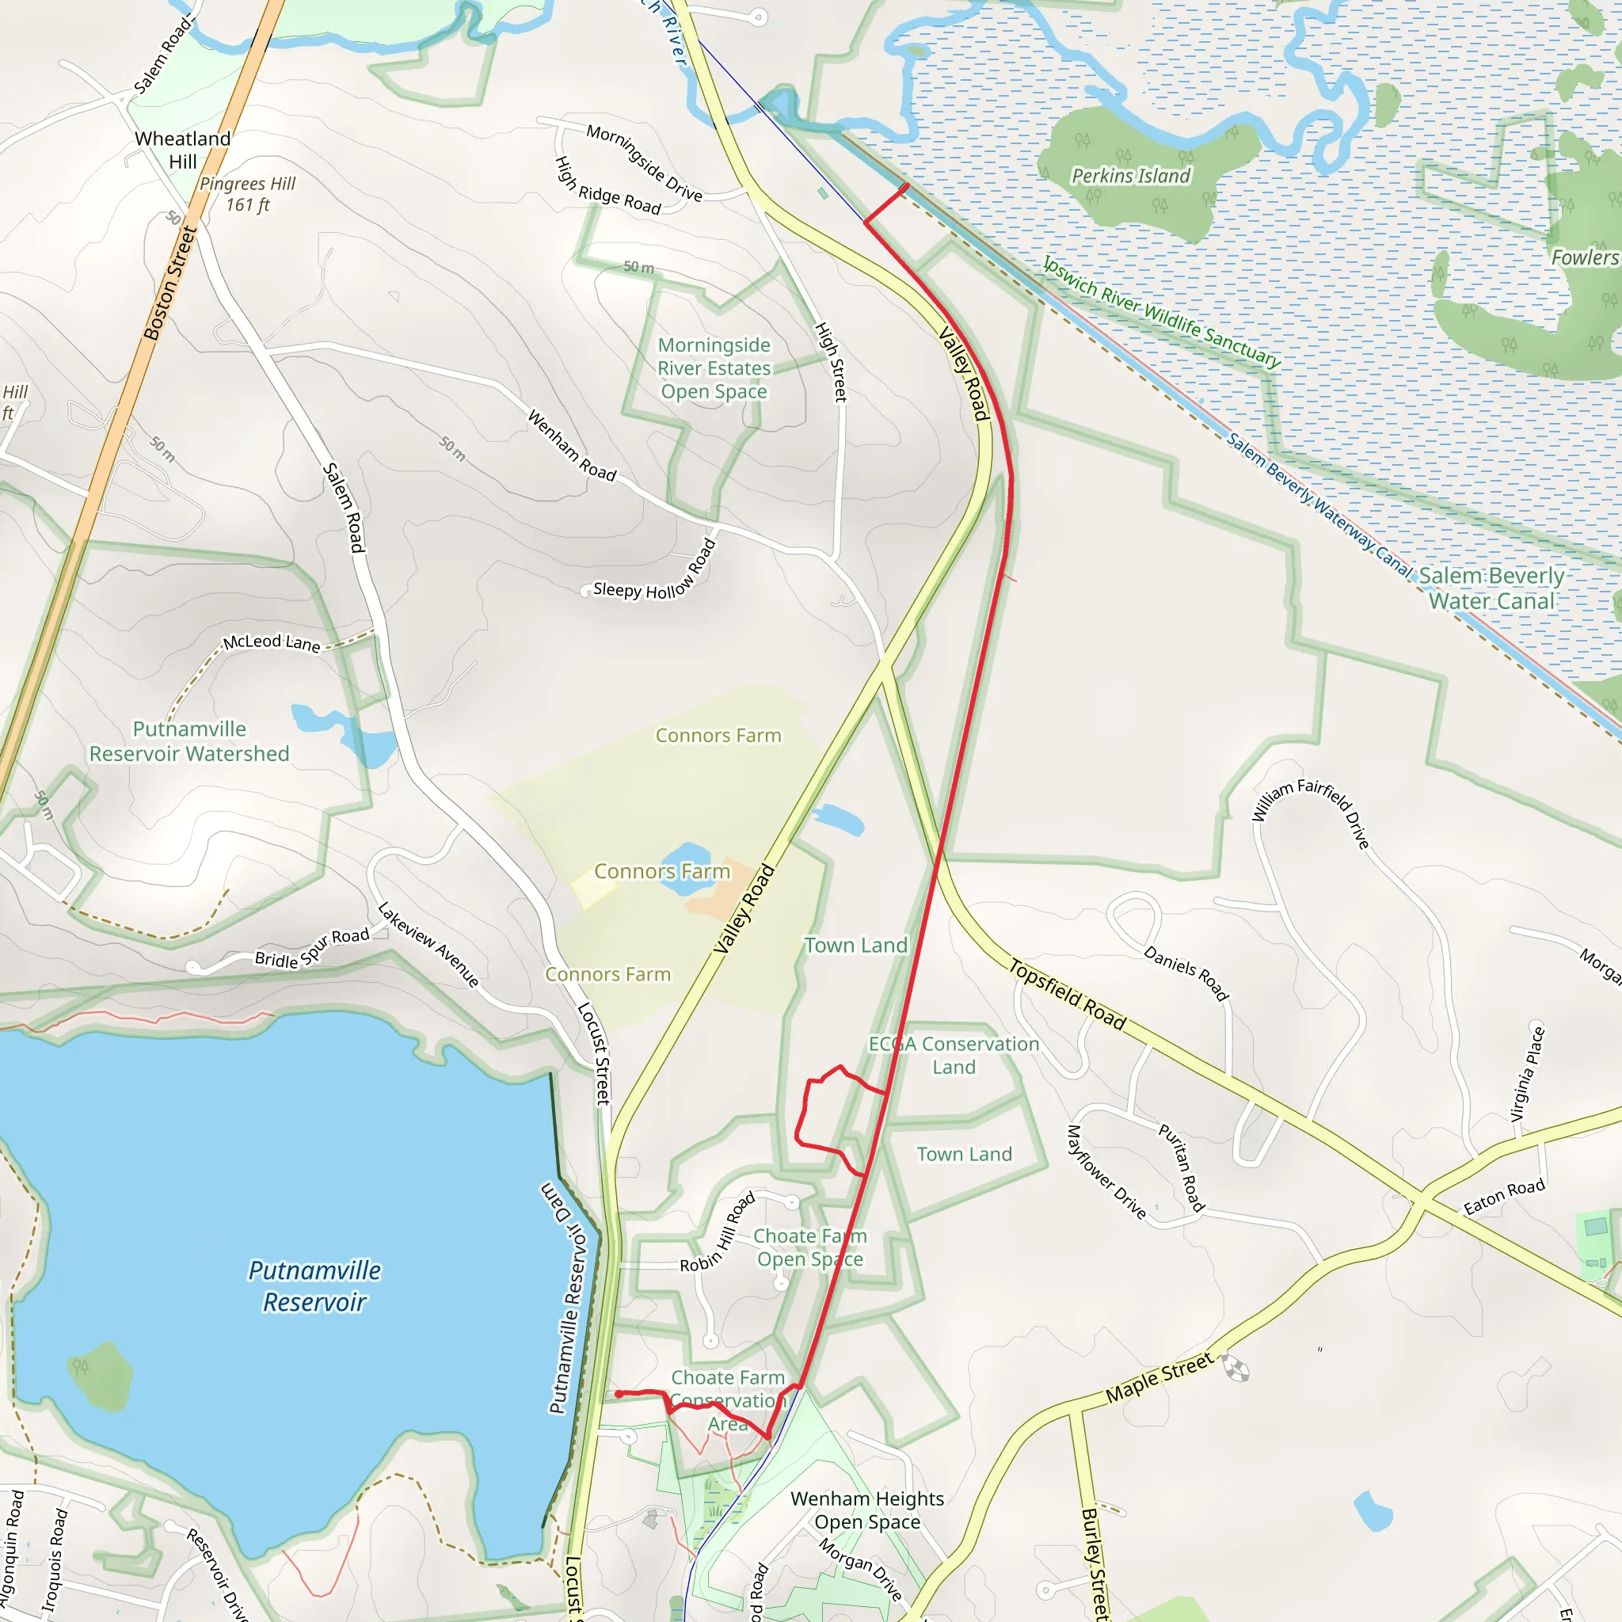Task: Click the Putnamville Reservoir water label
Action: point(315,1286)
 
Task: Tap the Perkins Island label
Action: point(1131,177)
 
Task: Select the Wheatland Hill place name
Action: point(182,150)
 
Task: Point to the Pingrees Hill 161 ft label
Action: point(248,194)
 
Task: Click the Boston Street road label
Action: point(170,283)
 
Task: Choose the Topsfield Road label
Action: point(1067,995)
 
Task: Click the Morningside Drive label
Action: point(644,163)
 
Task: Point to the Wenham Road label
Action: point(572,446)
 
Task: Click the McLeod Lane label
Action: point(271,643)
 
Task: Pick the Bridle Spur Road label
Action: point(312,948)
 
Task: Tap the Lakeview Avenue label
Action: point(428,945)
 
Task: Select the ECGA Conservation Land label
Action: point(954,1055)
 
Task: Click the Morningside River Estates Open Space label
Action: point(714,368)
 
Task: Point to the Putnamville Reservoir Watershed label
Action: point(190,741)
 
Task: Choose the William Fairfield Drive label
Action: point(1311,812)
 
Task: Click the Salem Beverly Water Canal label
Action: point(1492,588)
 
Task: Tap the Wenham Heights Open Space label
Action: point(867,1510)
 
